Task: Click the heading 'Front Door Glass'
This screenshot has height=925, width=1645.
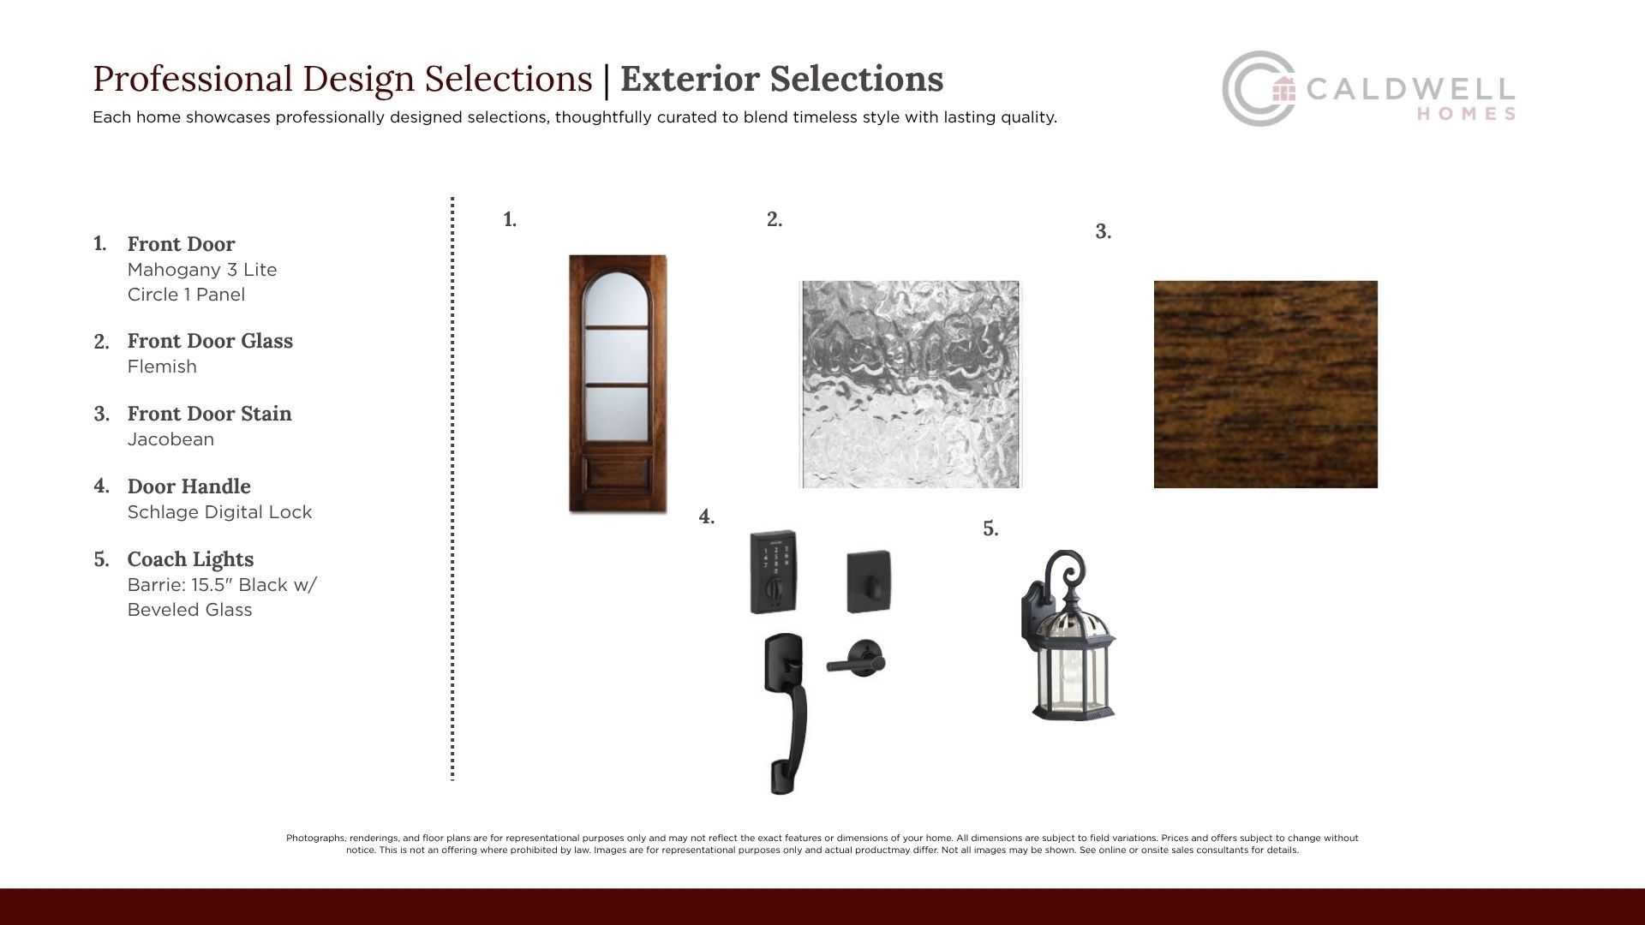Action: (210, 341)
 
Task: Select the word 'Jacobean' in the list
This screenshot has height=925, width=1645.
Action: (170, 439)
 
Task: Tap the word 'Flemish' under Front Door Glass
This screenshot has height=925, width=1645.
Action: (162, 367)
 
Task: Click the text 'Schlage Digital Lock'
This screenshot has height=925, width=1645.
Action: (219, 512)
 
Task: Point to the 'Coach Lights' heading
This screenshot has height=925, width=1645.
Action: (190, 559)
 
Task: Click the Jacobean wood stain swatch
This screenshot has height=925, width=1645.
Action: (1265, 385)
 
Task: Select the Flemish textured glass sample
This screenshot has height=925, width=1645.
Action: (911, 385)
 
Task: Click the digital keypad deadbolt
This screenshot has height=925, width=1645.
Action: (774, 572)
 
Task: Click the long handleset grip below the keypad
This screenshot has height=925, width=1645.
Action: (784, 713)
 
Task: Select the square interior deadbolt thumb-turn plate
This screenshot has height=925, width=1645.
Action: (869, 582)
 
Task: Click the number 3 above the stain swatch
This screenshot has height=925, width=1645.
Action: (1103, 231)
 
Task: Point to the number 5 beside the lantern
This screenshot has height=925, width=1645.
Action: (990, 528)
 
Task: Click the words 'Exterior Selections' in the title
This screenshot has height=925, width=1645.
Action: (781, 79)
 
